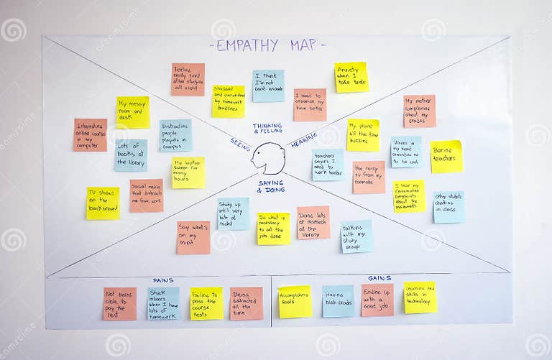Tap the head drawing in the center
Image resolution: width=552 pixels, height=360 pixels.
pyautogui.click(x=270, y=158)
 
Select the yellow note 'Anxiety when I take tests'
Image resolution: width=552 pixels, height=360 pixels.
pyautogui.click(x=351, y=77)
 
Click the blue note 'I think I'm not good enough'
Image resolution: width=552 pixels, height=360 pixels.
pyautogui.click(x=268, y=86)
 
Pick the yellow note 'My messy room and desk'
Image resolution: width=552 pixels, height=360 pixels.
pyautogui.click(x=133, y=112)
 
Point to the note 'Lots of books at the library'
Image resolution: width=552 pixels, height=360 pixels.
pyautogui.click(x=131, y=155)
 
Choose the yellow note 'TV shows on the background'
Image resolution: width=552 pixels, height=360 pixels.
pyautogui.click(x=103, y=203)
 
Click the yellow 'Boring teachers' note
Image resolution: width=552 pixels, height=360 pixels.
pyautogui.click(x=446, y=156)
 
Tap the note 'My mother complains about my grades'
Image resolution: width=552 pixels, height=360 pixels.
pyautogui.click(x=419, y=111)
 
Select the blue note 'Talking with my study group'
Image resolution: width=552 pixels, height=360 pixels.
pyautogui.click(x=356, y=236)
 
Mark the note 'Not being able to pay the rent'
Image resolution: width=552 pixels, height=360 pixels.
pyautogui.click(x=119, y=303)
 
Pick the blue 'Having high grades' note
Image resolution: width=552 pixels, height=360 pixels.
pyautogui.click(x=338, y=301)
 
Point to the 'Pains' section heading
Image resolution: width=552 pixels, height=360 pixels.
pyautogui.click(x=163, y=280)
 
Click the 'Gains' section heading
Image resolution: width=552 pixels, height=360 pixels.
pyautogui.click(x=379, y=278)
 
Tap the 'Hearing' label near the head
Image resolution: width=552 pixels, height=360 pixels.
pyautogui.click(x=304, y=140)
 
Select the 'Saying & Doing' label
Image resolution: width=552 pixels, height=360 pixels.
pyautogui.click(x=272, y=186)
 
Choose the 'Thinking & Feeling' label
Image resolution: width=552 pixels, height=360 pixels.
pyautogui.click(x=267, y=128)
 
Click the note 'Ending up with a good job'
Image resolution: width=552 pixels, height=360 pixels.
pyautogui.click(x=377, y=300)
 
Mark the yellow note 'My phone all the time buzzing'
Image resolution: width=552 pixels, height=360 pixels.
pyautogui.click(x=363, y=134)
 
